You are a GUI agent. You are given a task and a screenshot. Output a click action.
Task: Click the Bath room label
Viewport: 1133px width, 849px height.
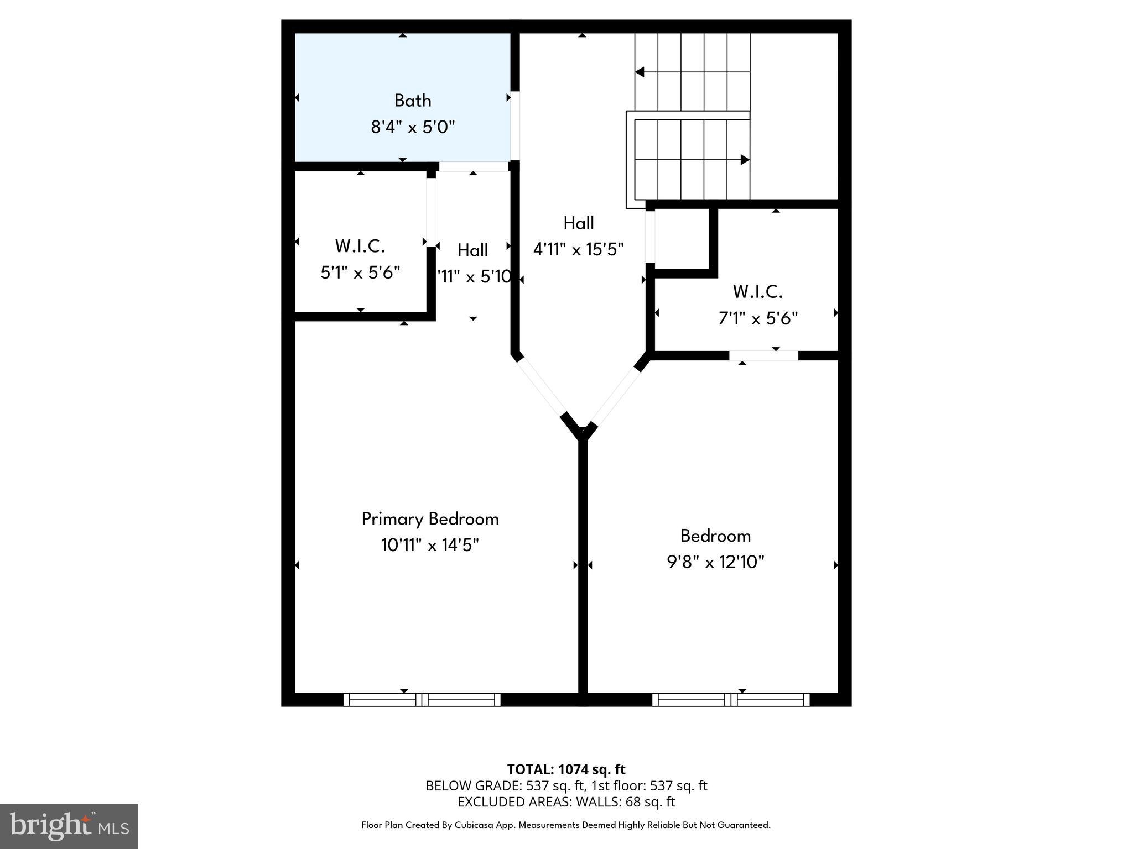pos(413,101)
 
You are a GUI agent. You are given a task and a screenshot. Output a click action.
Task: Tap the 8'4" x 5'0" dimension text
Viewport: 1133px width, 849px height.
pos(413,128)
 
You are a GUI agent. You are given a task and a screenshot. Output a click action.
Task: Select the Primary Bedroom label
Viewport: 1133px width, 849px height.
pos(430,519)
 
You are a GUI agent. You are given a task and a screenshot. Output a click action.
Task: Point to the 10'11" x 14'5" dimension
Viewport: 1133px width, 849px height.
pos(430,546)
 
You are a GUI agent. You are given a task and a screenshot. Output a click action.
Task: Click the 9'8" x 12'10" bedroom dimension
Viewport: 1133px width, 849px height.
pos(715,562)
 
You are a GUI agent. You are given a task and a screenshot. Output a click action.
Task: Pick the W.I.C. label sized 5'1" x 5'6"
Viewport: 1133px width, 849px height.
pos(360,246)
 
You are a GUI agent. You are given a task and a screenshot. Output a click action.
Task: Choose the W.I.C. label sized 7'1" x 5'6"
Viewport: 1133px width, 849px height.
pos(757,291)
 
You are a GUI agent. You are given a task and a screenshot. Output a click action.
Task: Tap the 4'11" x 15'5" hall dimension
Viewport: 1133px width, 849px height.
pos(578,249)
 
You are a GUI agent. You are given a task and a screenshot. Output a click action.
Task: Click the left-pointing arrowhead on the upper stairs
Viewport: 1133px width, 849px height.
pos(640,72)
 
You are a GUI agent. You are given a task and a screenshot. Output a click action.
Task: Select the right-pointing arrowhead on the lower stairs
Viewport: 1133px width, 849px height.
pos(745,160)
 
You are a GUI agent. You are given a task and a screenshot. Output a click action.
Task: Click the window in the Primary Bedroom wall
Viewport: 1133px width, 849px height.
pos(422,699)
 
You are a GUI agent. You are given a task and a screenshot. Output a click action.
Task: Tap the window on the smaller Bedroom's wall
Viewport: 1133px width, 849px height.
pos(731,699)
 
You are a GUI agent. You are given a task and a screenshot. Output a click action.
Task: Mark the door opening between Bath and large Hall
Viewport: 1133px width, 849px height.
pos(515,125)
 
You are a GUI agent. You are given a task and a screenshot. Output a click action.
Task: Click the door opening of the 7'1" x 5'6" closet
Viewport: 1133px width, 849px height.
pos(763,355)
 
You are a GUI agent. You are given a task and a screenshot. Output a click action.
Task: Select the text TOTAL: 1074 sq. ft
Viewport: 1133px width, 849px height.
pos(566,769)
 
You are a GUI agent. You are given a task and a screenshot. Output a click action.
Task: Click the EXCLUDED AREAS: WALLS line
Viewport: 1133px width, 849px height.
pos(566,801)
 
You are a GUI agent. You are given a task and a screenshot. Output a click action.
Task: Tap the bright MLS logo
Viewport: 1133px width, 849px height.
pos(69,826)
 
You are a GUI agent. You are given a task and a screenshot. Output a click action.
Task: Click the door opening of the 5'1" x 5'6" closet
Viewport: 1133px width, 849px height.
pos(431,212)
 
